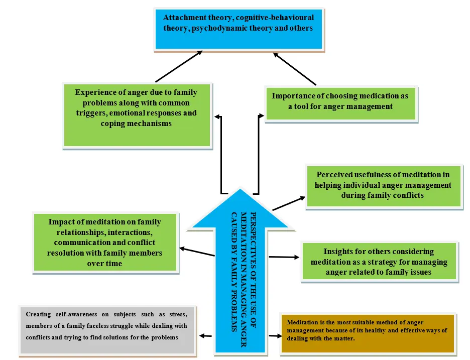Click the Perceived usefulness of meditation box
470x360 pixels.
383,185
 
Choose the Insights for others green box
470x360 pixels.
379,261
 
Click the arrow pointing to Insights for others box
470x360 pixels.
284,258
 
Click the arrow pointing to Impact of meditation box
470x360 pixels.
197,252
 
